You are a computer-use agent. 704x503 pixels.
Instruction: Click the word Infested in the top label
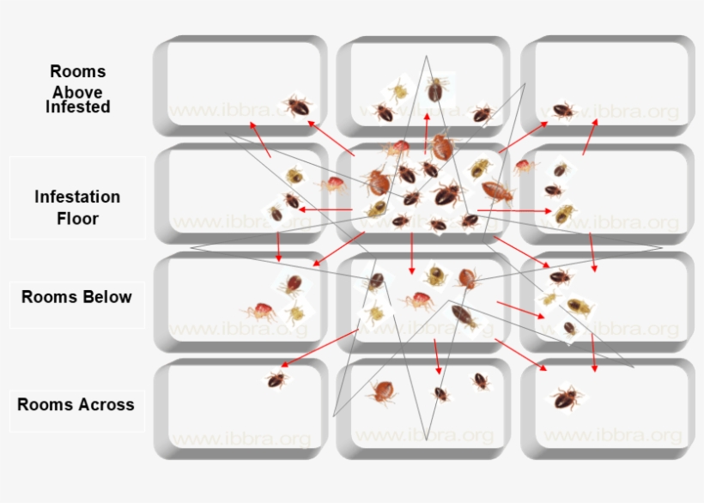(x=77, y=107)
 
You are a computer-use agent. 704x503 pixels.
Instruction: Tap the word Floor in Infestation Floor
(x=77, y=218)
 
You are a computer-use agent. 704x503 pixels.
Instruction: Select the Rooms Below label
(x=76, y=297)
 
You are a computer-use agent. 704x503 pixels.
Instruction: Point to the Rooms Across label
(x=76, y=403)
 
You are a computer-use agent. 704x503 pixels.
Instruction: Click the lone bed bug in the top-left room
(x=297, y=106)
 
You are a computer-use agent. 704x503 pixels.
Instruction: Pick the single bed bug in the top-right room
(x=563, y=110)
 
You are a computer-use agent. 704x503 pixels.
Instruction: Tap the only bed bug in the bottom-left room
(x=276, y=379)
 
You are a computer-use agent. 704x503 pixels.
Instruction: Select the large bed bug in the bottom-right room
(x=565, y=397)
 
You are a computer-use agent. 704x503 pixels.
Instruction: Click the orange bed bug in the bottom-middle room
(x=382, y=392)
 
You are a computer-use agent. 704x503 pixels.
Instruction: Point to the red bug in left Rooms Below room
(x=261, y=311)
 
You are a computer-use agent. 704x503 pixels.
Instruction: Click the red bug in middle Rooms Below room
(x=419, y=300)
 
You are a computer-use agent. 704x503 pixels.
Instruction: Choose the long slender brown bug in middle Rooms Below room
(x=464, y=317)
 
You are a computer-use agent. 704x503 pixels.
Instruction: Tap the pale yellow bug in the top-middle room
(x=398, y=91)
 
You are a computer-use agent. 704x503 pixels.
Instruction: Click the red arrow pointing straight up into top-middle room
(x=426, y=133)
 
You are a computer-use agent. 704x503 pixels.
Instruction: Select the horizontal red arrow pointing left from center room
(x=325, y=209)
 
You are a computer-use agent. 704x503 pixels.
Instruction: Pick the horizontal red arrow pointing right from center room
(x=515, y=209)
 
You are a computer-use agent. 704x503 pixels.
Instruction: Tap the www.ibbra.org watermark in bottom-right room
(x=612, y=435)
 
